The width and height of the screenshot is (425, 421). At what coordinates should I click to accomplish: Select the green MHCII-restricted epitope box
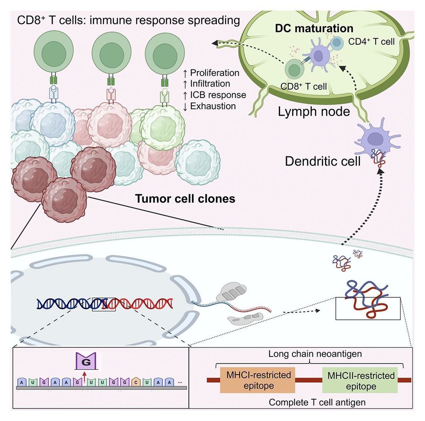tap(360, 381)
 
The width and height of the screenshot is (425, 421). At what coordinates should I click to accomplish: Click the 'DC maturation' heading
tap(326, 29)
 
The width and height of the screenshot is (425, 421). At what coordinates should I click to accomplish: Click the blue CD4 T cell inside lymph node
tap(338, 43)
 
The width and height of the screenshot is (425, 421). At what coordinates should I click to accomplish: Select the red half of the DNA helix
tap(140, 303)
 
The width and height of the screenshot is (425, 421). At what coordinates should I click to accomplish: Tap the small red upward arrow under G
tap(84, 375)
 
